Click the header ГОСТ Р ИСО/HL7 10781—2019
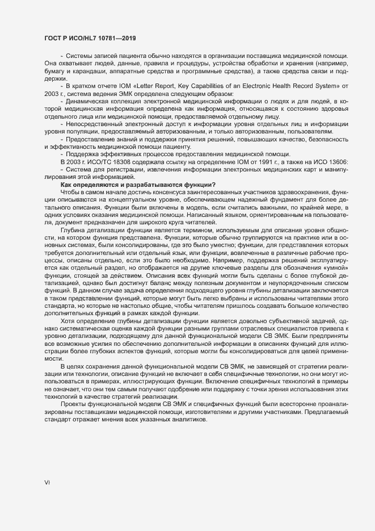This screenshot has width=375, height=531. coord(90,38)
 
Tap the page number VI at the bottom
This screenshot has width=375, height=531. coord(48,483)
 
